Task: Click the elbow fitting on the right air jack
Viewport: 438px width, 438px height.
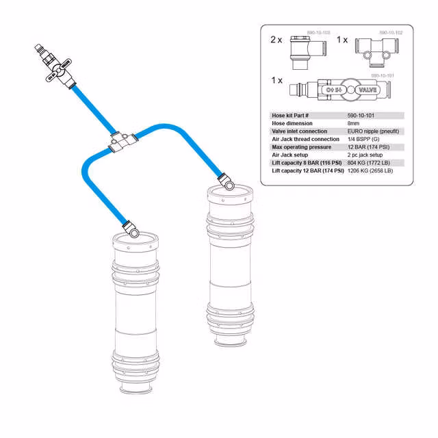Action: [x=226, y=182]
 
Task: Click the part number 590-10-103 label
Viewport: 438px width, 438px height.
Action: [x=318, y=32]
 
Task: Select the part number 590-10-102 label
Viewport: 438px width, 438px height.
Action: [x=391, y=32]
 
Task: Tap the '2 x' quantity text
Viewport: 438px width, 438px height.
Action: [x=276, y=40]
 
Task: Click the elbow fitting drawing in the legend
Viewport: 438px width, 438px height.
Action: [x=302, y=52]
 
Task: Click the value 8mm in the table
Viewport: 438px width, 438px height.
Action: [x=355, y=123]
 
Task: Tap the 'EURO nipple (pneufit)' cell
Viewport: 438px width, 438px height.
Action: [x=374, y=131]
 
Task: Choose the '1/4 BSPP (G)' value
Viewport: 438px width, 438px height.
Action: [x=363, y=139]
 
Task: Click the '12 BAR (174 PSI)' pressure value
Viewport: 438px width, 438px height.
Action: [x=368, y=147]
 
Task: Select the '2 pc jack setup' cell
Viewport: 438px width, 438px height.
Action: [x=365, y=155]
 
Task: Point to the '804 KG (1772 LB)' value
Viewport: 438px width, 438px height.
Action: [x=370, y=163]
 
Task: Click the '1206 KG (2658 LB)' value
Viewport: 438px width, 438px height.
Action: [x=371, y=170]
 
